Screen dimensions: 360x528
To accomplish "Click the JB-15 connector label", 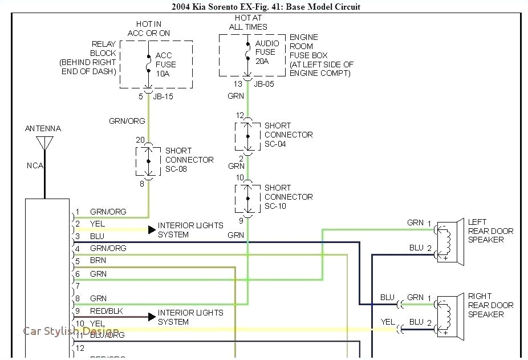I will pos(163,96).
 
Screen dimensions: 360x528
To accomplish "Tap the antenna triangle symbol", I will pos(44,143).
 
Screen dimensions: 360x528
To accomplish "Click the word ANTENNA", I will pos(43,129).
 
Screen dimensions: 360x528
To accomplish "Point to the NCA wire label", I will pos(34,166).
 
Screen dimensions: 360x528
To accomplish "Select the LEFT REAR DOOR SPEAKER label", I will pos(490,231).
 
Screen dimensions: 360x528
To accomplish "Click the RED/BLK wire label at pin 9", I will pos(105,311).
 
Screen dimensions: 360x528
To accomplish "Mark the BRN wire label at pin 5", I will pos(98,261).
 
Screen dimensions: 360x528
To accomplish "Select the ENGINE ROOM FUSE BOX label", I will pos(321,55).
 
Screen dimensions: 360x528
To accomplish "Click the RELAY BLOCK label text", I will pos(88,58).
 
